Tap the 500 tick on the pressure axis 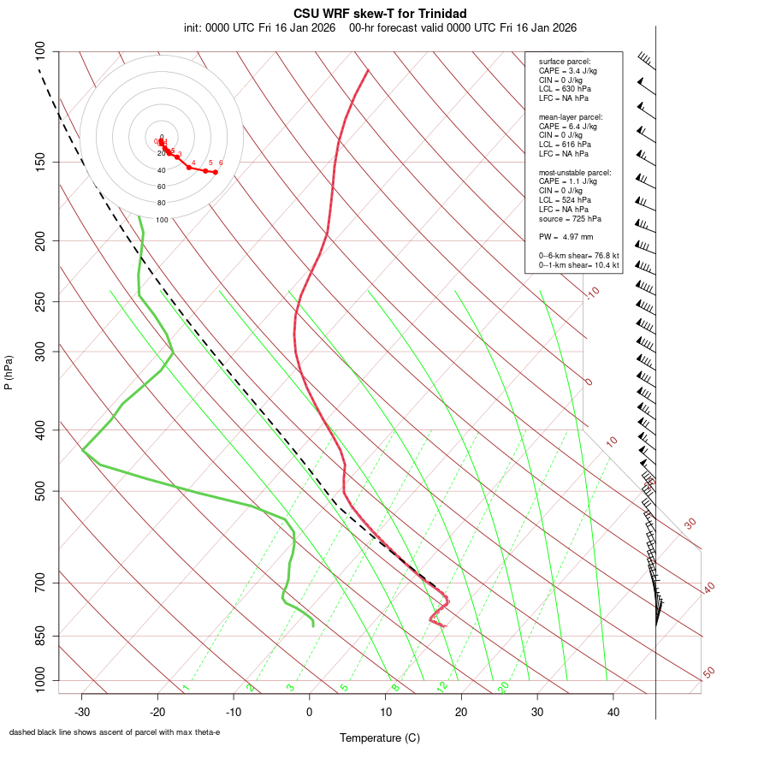pyautogui.click(x=40, y=491)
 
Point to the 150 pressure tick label pyautogui.click(x=40, y=162)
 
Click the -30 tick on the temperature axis pyautogui.click(x=82, y=712)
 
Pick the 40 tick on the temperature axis pyautogui.click(x=613, y=712)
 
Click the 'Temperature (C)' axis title pyautogui.click(x=380, y=737)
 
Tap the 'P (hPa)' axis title pyautogui.click(x=9, y=372)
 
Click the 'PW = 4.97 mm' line pyautogui.click(x=566, y=237)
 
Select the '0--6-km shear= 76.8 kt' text pyautogui.click(x=579, y=256)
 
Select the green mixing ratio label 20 pyautogui.click(x=504, y=686)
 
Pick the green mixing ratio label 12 pyautogui.click(x=442, y=686)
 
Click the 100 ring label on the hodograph pyautogui.click(x=162, y=220)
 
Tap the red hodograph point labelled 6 pyautogui.click(x=216, y=172)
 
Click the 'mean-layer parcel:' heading pyautogui.click(x=571, y=116)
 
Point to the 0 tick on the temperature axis pyautogui.click(x=310, y=712)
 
